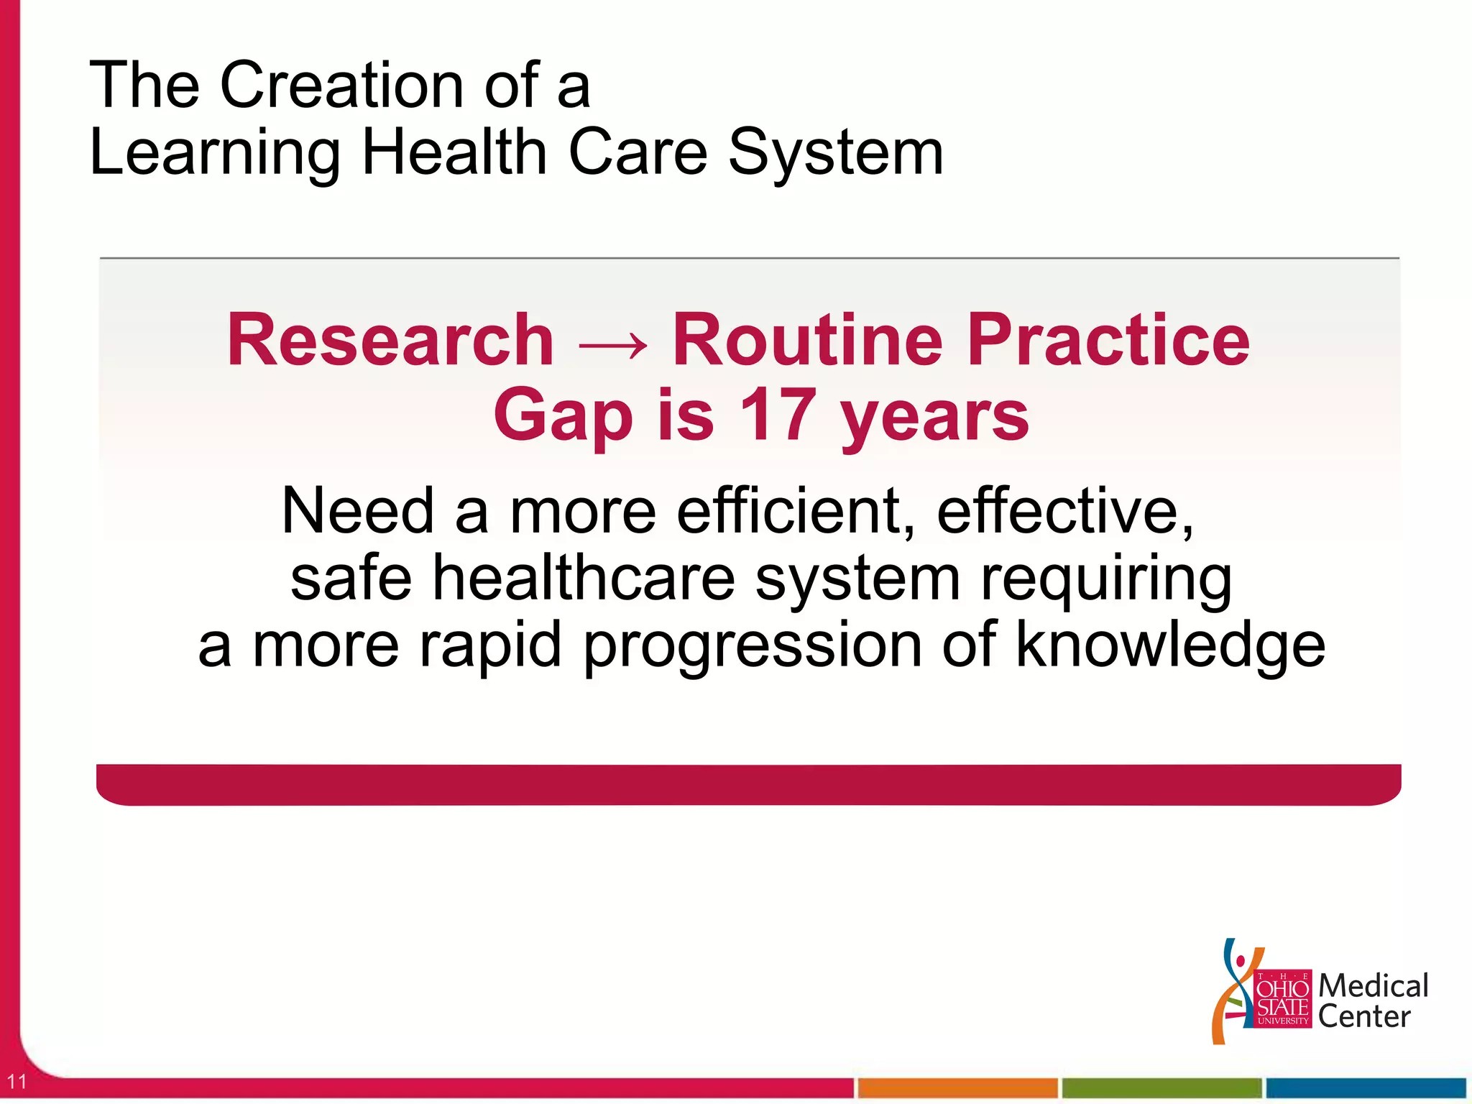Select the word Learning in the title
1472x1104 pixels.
tap(215, 153)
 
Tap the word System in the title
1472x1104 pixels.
tap(835, 153)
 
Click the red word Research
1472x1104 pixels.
tap(390, 340)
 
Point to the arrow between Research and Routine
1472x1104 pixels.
tap(612, 345)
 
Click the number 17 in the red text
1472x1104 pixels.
tap(778, 415)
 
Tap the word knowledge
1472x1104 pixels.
tap(1170, 645)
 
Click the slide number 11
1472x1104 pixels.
tap(16, 1081)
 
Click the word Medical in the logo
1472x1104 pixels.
tap(1373, 985)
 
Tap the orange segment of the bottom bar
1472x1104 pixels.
tap(957, 1087)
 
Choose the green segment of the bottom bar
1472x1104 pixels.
tap(1161, 1087)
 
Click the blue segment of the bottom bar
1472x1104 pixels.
tap(1365, 1087)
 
